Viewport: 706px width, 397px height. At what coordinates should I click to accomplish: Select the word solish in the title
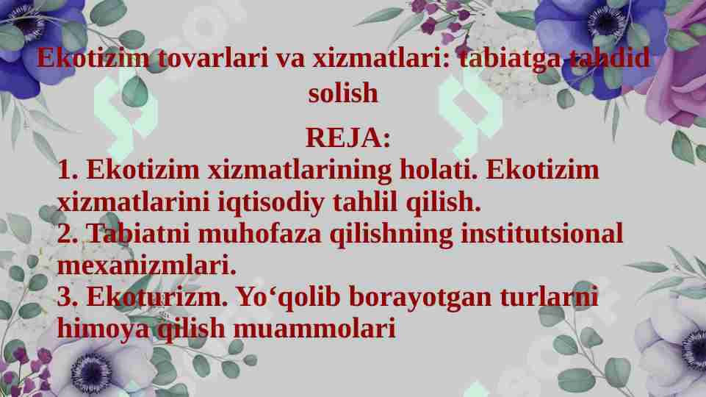(x=343, y=93)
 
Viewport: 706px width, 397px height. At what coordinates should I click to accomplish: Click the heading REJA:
(x=347, y=137)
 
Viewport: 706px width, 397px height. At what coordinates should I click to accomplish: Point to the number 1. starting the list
(x=68, y=171)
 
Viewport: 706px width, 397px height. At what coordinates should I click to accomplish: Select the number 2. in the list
(x=68, y=235)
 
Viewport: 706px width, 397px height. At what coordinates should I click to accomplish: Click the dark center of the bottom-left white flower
(x=92, y=365)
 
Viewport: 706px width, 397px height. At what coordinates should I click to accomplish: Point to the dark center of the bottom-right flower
(x=694, y=346)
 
